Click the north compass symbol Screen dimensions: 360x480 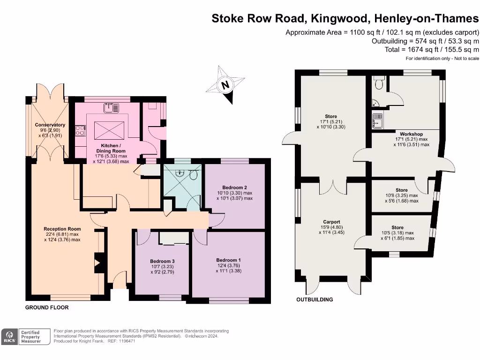[x=225, y=84]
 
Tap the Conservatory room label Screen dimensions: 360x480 [x=50, y=125]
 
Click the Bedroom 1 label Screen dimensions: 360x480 [x=229, y=260]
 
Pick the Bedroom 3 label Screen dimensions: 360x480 [x=162, y=261]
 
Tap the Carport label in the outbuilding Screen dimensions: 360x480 [x=331, y=222]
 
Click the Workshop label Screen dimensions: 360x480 [x=411, y=134]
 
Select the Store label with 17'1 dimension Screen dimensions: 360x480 [x=331, y=117]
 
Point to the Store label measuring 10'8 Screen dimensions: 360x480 [x=401, y=190]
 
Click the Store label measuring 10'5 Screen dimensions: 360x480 [x=397, y=227]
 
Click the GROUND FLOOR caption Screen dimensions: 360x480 [x=47, y=307]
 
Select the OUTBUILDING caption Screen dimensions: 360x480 [x=315, y=300]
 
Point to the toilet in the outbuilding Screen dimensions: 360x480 [x=379, y=83]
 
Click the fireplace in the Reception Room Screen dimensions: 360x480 [x=98, y=263]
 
